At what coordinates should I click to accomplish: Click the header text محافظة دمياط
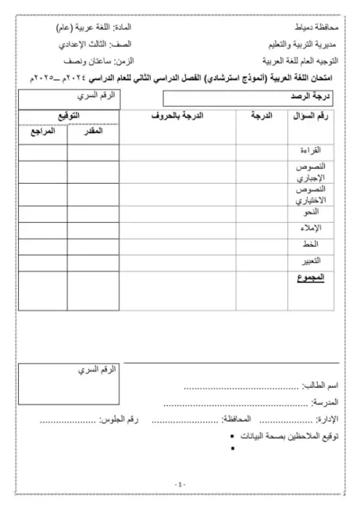click(x=308, y=26)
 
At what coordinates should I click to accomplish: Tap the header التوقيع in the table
click(x=68, y=115)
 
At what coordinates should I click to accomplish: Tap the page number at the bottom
click(x=180, y=484)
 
